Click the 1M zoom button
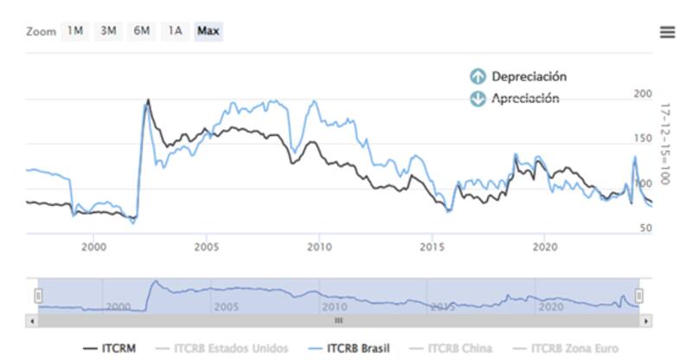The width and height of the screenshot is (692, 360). coord(75,31)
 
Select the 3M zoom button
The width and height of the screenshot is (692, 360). coord(108,31)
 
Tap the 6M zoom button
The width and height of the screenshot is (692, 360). coord(141,31)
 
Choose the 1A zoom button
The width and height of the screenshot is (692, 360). coord(175,31)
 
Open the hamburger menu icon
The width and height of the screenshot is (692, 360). coord(667,32)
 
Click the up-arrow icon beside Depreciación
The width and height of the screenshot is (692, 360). coord(477,77)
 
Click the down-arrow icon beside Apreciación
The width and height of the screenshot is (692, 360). coord(477,99)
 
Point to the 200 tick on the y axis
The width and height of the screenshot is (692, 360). coord(642,93)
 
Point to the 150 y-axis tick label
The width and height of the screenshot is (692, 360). coord(642,138)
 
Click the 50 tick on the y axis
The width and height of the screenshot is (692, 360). coord(644,228)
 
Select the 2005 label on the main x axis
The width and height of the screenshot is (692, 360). coord(206,247)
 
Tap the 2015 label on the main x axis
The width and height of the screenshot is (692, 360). coord(432,247)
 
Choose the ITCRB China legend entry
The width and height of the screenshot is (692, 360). coord(455,348)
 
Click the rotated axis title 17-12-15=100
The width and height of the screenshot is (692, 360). coord(665,144)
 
